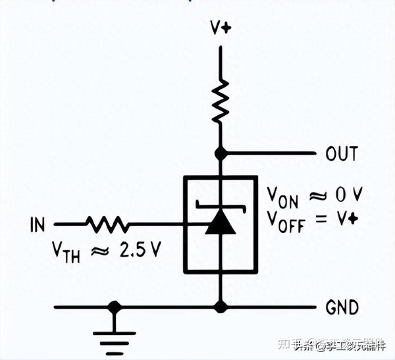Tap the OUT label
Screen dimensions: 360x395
coord(342,154)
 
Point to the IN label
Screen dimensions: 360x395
coord(38,225)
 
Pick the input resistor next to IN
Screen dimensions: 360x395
coord(107,225)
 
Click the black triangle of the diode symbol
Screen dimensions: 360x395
coord(219,226)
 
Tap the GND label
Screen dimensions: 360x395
coord(342,307)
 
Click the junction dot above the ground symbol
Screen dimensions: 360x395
coord(115,307)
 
